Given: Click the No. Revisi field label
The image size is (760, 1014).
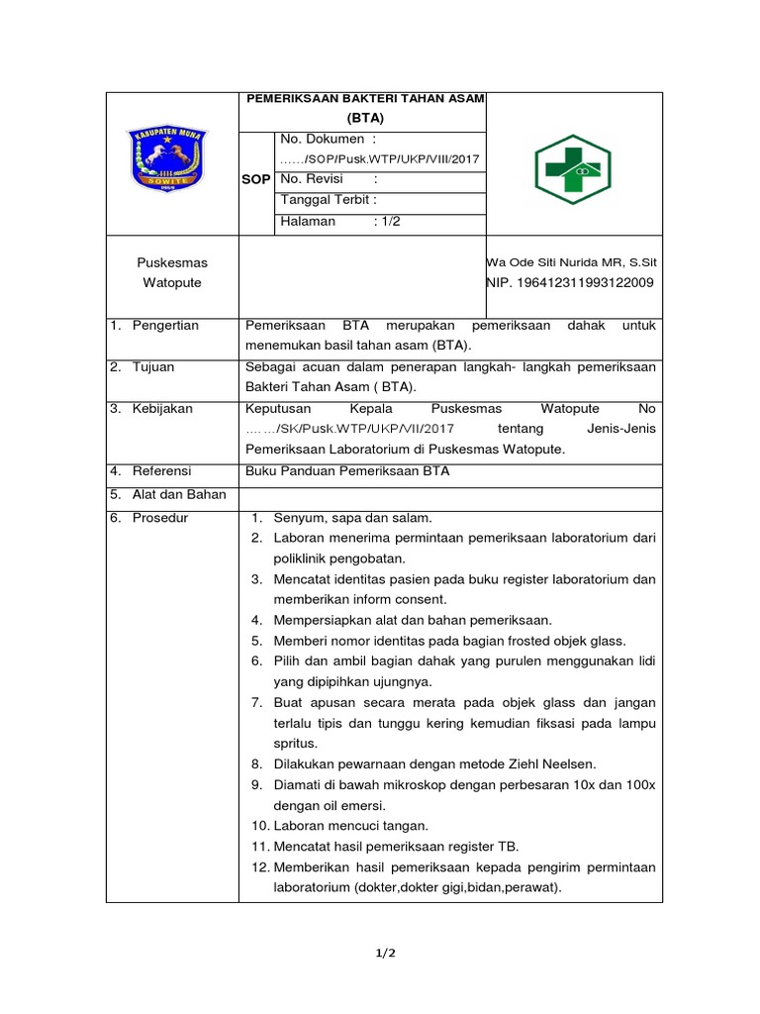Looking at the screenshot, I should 316,179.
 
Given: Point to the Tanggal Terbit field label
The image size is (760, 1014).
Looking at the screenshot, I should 329,200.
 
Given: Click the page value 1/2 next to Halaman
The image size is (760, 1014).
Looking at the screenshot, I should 387,222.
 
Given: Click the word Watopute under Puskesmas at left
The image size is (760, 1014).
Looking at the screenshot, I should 172,283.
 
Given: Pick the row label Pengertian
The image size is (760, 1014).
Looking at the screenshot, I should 165,325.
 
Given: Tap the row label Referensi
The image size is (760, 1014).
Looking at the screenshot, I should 161,471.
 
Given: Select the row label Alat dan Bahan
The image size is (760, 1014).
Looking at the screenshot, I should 179,494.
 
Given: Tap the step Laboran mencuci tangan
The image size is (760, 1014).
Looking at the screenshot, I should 351,825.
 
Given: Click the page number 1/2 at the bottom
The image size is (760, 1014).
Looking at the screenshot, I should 385,953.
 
